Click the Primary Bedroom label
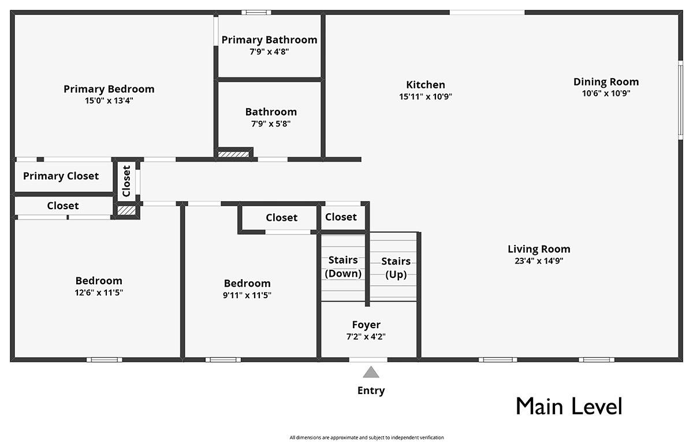point(109,89)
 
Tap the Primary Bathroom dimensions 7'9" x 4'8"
point(269,51)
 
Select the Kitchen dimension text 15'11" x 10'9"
point(426,96)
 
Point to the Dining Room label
point(606,81)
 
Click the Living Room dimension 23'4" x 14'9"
point(539,261)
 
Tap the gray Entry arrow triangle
point(371,372)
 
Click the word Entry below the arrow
point(371,391)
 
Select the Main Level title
point(569,406)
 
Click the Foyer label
point(366,325)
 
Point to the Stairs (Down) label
point(343,266)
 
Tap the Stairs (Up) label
point(396,268)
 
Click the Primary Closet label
point(61,176)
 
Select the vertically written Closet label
point(126,181)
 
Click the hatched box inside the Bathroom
point(233,154)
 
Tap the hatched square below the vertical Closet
point(126,211)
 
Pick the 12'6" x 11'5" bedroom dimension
point(99,292)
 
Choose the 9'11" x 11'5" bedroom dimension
point(247,295)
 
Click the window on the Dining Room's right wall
point(681,100)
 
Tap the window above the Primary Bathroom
point(256,12)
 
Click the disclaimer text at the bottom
point(367,437)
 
